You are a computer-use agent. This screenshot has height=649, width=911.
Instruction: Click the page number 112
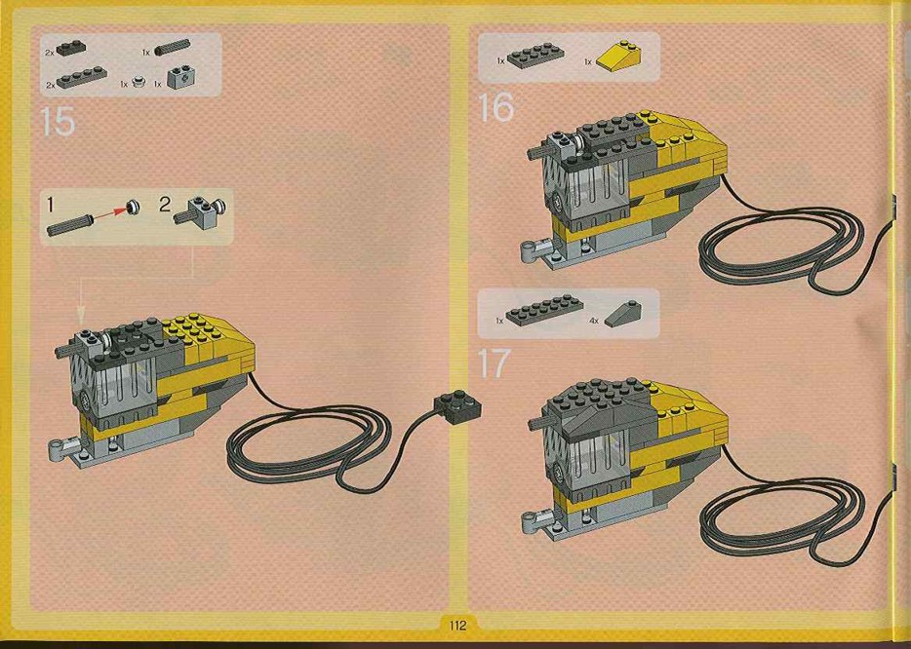pos(457,626)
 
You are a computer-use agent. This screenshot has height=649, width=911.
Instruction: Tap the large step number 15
pos(58,122)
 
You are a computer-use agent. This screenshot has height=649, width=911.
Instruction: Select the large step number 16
pos(495,107)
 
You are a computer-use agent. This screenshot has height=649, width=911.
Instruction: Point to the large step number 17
pos(494,363)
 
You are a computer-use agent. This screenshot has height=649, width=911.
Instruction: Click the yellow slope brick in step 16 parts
pos(620,57)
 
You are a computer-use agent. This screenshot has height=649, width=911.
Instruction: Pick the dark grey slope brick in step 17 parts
pos(623,314)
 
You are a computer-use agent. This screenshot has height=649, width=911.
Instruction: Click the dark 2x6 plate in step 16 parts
pos(535,56)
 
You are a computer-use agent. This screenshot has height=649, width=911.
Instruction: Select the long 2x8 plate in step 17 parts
pos(544,310)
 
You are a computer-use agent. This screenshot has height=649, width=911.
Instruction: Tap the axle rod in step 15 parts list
pos(172,47)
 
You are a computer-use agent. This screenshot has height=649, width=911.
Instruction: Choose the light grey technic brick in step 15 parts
pos(181,77)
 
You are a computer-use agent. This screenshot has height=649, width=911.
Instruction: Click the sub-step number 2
pos(166,205)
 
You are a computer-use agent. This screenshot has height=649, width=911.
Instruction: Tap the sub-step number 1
pos(50,205)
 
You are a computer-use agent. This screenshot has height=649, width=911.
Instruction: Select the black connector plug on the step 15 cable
pos(458,405)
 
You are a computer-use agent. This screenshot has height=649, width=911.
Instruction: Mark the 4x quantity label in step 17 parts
pos(593,320)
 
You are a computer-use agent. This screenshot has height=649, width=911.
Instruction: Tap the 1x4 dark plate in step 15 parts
pos(82,77)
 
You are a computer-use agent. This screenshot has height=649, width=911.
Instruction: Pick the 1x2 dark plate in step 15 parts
pos(71,48)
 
